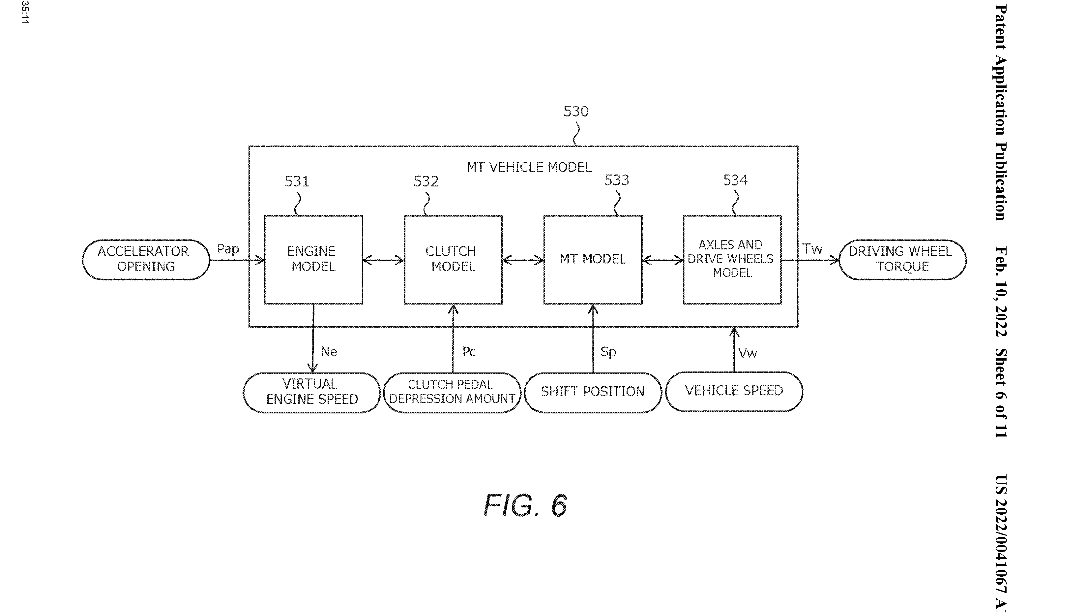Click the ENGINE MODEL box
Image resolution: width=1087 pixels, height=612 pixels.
tap(313, 259)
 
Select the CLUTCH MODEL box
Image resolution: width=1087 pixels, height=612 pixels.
tap(453, 259)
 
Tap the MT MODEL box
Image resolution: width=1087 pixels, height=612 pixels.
tap(593, 259)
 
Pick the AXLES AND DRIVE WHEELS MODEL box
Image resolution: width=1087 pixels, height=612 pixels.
tap(732, 259)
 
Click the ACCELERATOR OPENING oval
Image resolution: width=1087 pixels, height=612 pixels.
tap(146, 259)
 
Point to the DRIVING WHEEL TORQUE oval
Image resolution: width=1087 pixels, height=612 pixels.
tap(902, 259)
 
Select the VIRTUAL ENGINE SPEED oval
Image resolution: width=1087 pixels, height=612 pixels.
tap(311, 392)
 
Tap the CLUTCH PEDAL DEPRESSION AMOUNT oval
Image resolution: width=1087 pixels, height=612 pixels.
tap(452, 392)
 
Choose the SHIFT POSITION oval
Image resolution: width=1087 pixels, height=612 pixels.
tap(593, 392)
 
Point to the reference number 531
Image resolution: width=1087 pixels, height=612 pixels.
tap(297, 181)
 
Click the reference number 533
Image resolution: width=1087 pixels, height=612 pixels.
tap(616, 180)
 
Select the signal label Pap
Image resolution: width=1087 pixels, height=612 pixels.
tap(228, 249)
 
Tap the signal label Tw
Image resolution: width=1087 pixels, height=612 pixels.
tap(812, 249)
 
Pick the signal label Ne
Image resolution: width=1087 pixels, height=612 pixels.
tap(329, 352)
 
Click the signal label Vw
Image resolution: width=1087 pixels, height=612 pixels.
tap(748, 353)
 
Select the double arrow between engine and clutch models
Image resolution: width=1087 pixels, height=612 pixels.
tap(383, 260)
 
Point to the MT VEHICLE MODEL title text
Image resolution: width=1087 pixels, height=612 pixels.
tap(529, 167)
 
